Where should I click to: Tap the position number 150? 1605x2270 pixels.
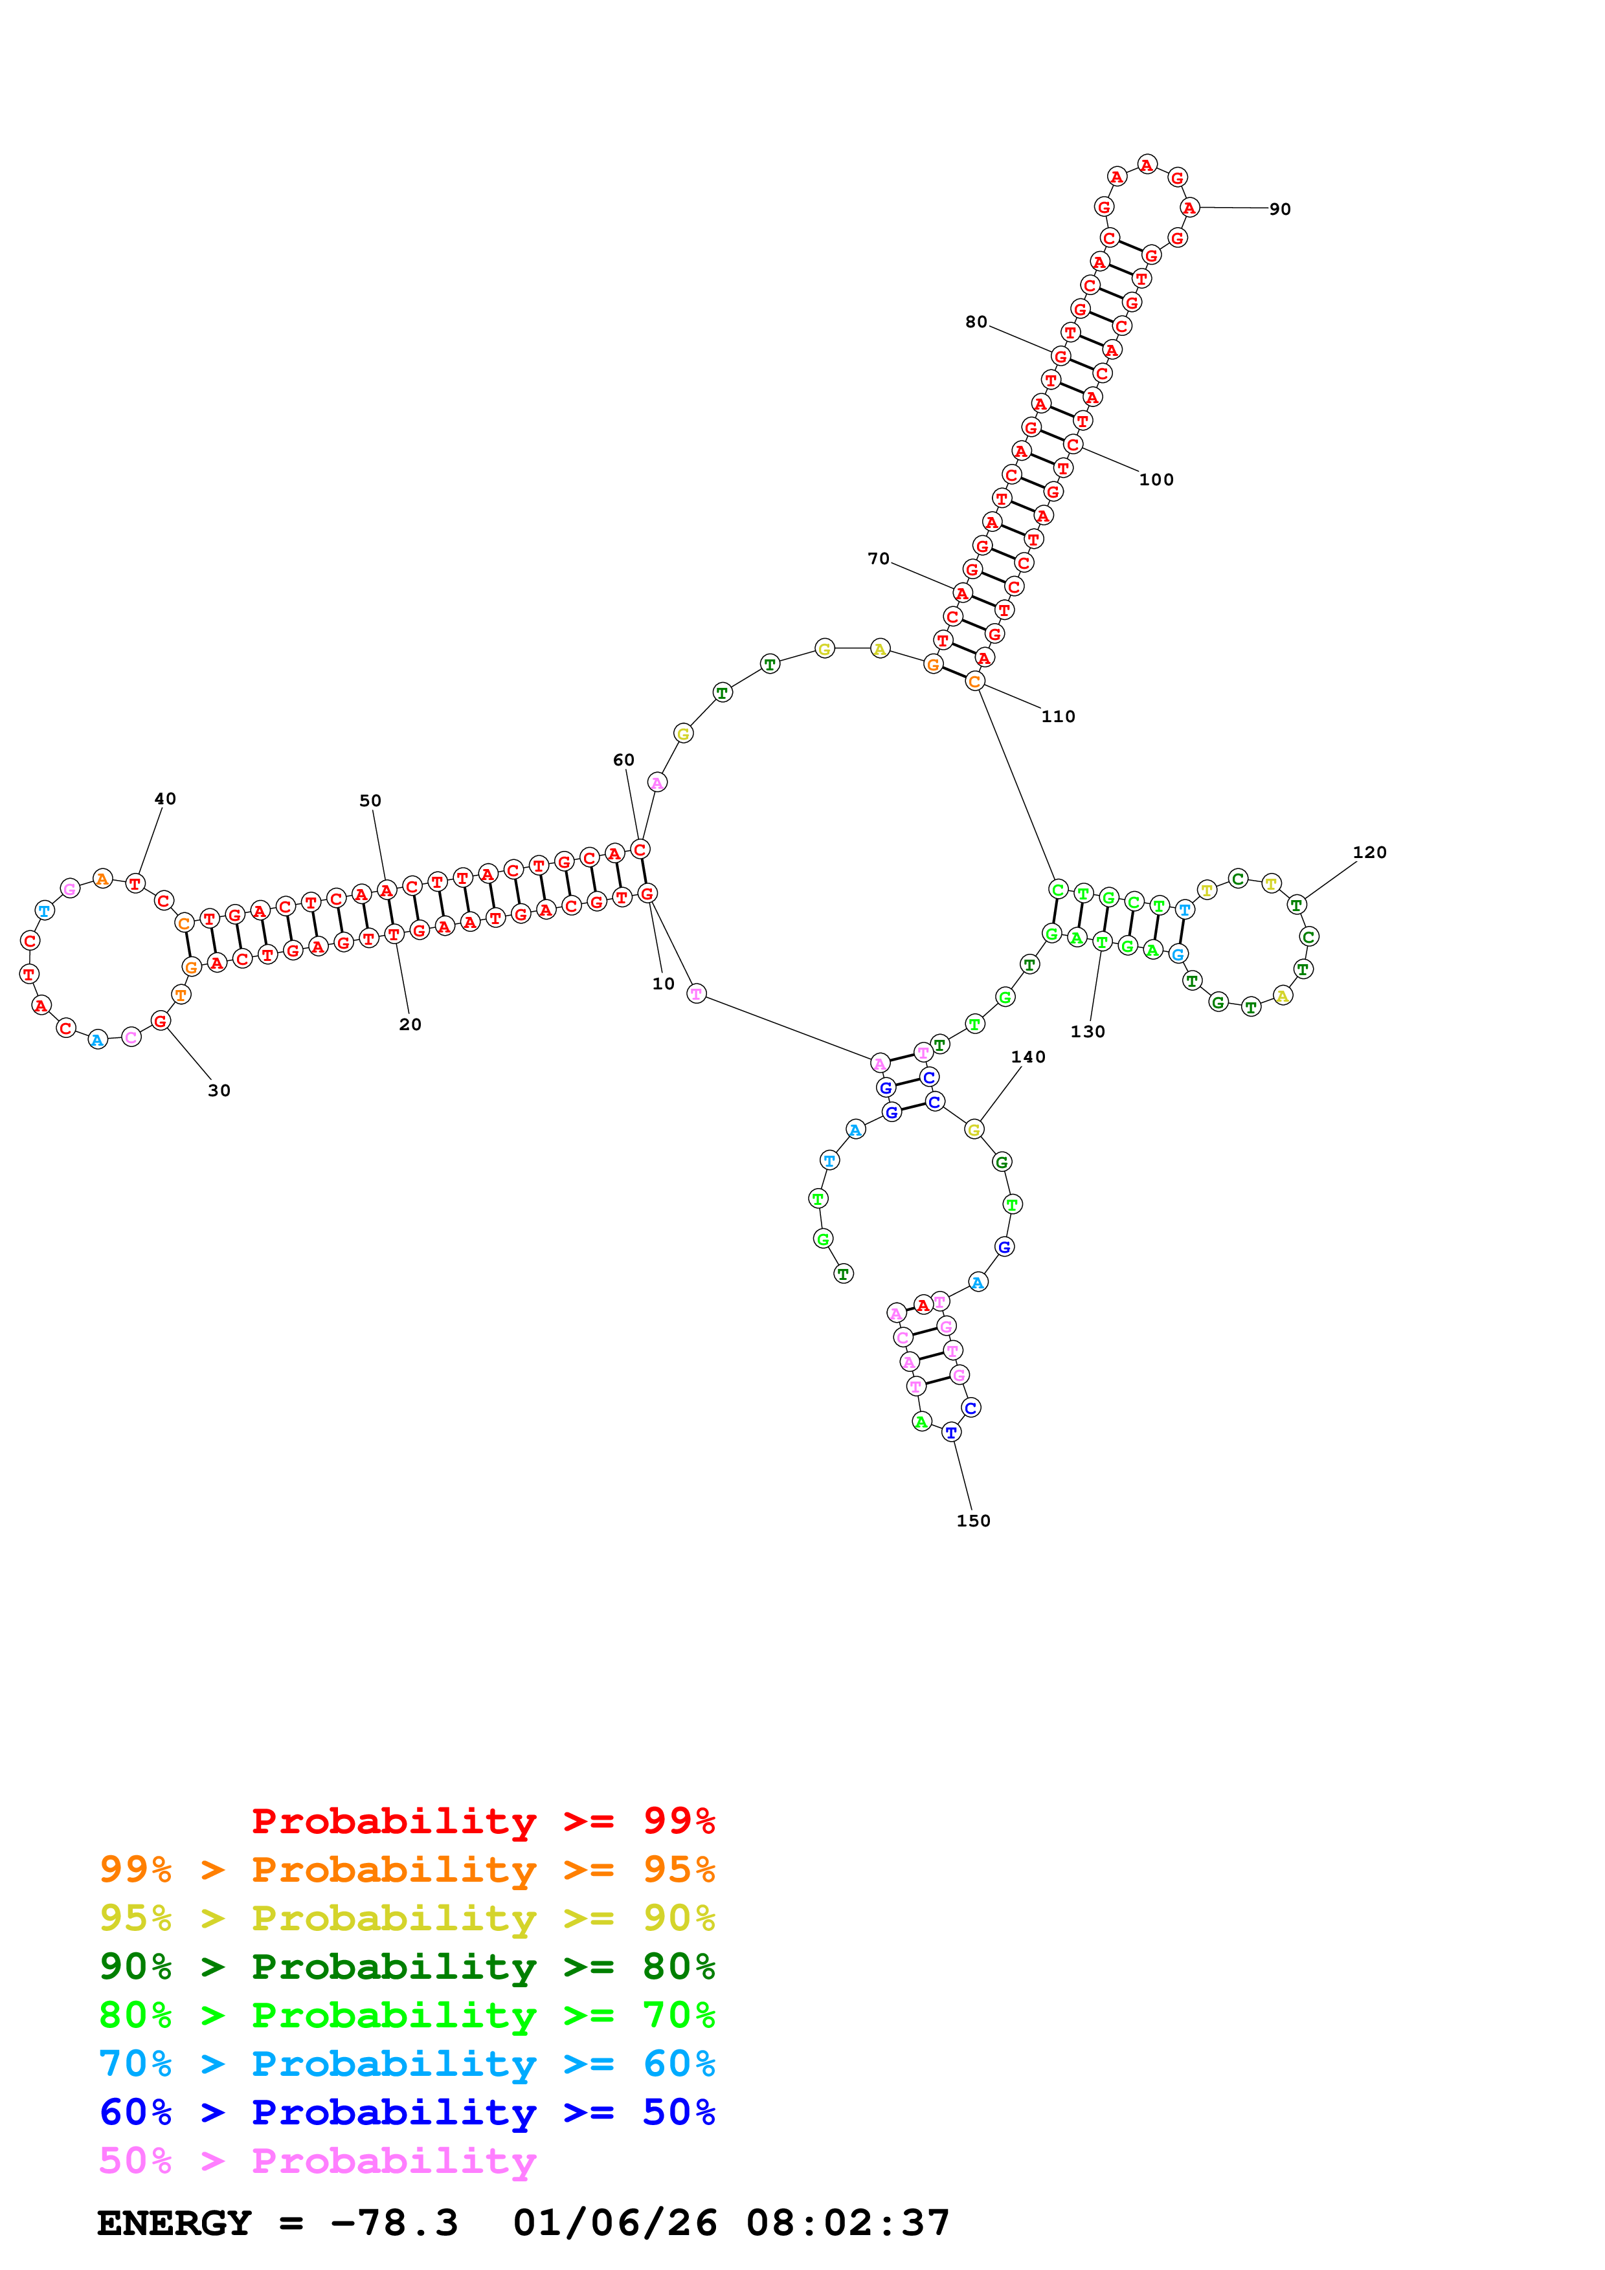pos(973,1521)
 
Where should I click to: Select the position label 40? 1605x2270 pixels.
pos(165,799)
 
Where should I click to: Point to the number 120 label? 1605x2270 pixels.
pos(1369,852)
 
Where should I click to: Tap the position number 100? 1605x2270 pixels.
pos(1156,479)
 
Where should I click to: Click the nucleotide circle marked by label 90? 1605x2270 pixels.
pos(1189,208)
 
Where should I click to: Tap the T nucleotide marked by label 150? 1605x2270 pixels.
pos(951,1431)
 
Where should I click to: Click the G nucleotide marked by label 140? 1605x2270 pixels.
pos(974,1129)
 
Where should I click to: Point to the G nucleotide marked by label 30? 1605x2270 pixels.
pos(160,1020)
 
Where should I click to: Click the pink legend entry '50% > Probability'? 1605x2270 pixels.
pos(317,2160)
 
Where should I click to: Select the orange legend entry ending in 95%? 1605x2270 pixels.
pos(407,1869)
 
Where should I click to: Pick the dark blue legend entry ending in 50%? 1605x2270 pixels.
pos(407,2112)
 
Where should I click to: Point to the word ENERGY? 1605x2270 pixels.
pos(174,2223)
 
